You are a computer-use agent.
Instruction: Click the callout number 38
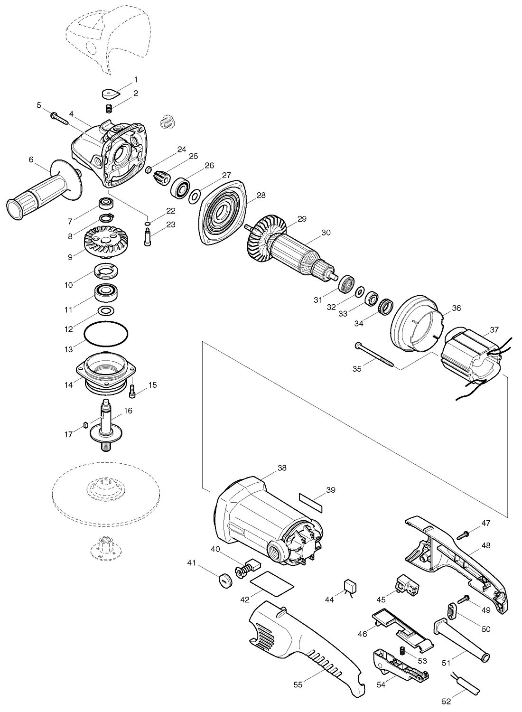pos(282,468)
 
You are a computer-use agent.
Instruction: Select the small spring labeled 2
pos(109,108)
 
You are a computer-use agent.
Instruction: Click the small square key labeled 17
pos(85,425)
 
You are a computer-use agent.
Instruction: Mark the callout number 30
pos(326,233)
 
